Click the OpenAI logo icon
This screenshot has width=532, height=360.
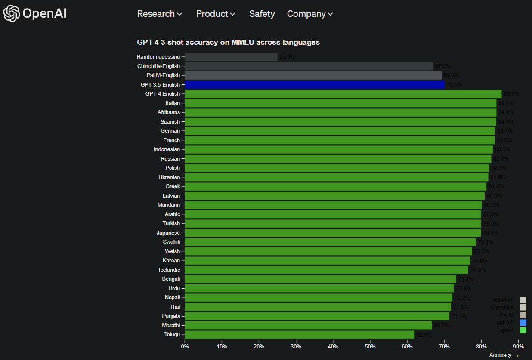click(x=12, y=13)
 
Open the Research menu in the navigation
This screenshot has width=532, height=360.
click(x=159, y=14)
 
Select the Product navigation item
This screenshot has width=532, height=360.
click(x=215, y=14)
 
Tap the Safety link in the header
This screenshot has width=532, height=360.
click(x=262, y=14)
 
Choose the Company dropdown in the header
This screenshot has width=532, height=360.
click(x=310, y=14)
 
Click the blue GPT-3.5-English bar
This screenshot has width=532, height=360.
click(x=314, y=85)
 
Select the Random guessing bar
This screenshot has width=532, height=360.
click(x=231, y=57)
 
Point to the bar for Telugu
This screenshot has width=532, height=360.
click(x=299, y=335)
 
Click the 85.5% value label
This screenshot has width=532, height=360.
click(x=511, y=94)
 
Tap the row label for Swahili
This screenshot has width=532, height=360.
click(x=171, y=242)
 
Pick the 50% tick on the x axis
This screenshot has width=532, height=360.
click(x=370, y=346)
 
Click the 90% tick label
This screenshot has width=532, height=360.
click(x=518, y=346)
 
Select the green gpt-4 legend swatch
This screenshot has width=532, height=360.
click(x=523, y=330)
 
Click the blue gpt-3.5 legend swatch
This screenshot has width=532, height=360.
click(x=523, y=323)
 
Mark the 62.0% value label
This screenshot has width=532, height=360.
click(x=424, y=335)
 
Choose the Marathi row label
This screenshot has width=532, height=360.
click(x=171, y=325)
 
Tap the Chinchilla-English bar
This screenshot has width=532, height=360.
click(x=309, y=66)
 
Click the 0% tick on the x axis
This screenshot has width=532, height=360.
click(x=185, y=346)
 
